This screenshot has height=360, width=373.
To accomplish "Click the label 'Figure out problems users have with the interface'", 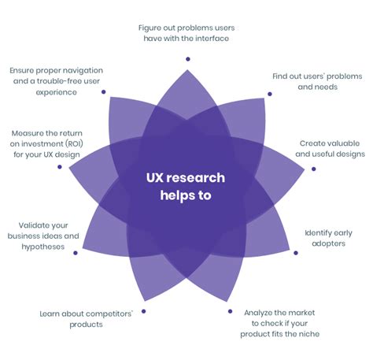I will click(186, 34).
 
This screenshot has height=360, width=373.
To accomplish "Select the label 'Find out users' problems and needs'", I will click(317, 81).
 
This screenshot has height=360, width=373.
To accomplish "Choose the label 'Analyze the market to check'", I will click(281, 323).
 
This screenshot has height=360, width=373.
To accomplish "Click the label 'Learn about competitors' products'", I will click(87, 318).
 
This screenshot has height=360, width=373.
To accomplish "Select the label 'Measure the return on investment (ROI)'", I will click(46, 144).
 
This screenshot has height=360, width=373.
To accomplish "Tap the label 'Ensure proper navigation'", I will click(54, 81).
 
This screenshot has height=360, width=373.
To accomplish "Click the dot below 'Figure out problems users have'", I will click(187, 58).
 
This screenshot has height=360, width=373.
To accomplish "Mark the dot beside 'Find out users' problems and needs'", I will click(270, 94).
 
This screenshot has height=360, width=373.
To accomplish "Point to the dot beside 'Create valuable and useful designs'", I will click(313, 169).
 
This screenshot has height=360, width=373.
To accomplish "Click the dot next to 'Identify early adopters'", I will click(296, 253).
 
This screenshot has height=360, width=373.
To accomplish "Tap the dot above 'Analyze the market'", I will click(231, 312).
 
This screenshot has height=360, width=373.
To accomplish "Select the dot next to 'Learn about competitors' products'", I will click(143, 313).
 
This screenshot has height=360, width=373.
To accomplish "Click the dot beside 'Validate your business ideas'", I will click(76, 253).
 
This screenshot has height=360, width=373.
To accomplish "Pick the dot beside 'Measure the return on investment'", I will click(60, 167).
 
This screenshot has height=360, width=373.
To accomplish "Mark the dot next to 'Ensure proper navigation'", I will click(104, 92).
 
